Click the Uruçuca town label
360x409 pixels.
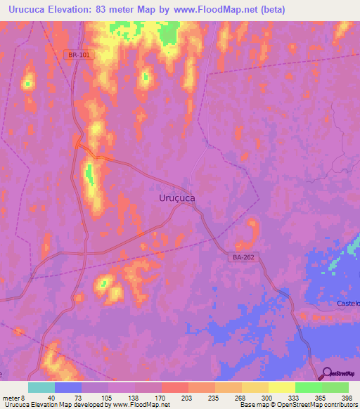pos(173,199)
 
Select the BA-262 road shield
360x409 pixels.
pos(242,259)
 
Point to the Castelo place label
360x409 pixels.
pos(349,303)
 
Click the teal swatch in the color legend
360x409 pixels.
pos(41,387)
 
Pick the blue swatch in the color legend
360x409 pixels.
pos(68,387)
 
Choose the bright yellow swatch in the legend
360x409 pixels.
pos(281,387)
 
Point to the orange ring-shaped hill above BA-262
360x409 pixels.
pos(251,233)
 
